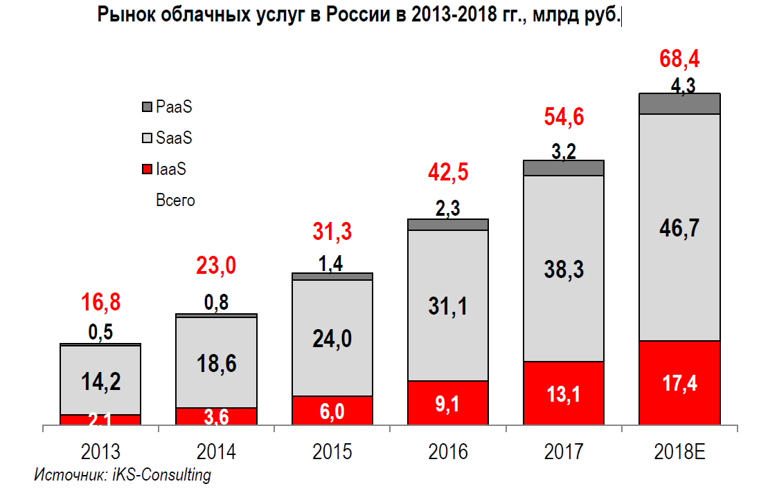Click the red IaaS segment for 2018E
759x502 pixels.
[679, 383]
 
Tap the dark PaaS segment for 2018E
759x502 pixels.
[679, 104]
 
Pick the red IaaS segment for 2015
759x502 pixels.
[332, 411]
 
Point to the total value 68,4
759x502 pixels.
[679, 59]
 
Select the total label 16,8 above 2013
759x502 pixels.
[100, 302]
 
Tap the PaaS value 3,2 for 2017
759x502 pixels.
[564, 151]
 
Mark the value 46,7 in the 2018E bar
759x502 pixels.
[679, 229]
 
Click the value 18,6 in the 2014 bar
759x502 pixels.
[217, 363]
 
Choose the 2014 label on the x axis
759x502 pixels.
[217, 452]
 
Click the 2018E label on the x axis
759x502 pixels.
[679, 452]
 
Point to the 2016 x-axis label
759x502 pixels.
[448, 452]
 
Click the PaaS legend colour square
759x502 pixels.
[147, 108]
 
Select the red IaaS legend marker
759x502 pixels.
[147, 169]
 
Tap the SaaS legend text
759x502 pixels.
[174, 138]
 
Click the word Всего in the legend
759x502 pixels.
[175, 201]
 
